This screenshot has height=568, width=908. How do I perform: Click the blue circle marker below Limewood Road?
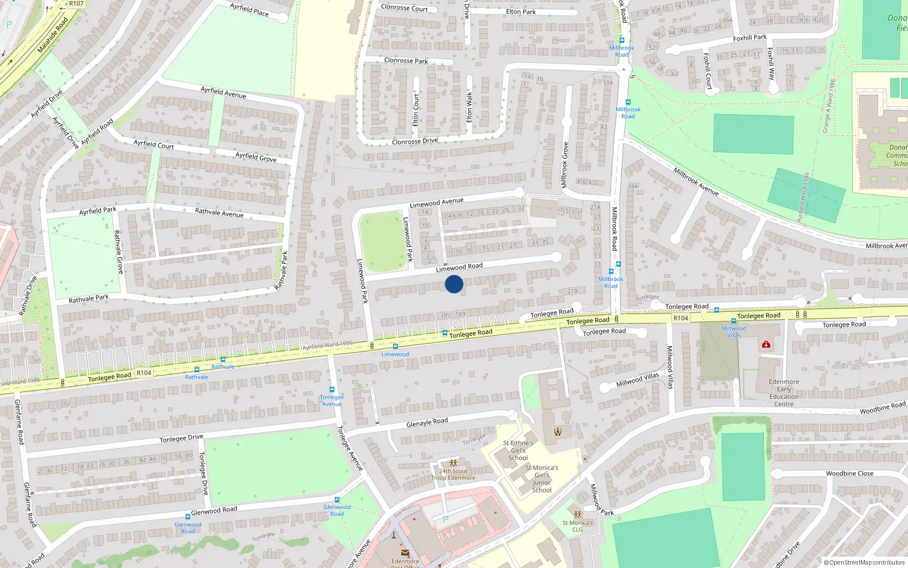pos(454,284)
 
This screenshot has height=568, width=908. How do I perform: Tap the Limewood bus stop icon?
pos(395,346)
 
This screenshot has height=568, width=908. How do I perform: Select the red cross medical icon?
pos(766,344)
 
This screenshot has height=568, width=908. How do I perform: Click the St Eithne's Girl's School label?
pos(518,450)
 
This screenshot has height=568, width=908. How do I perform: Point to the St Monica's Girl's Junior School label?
pos(541,479)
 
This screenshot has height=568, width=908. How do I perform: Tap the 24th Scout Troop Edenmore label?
pos(453,474)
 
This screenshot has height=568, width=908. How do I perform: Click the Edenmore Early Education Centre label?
pos(784,393)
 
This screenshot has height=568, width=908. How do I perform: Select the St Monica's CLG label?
pos(577,526)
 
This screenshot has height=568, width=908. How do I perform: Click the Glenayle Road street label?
pos(427,423)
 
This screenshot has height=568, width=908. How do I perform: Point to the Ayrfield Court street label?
pos(153,144)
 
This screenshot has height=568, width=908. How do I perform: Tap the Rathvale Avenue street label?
pos(219,213)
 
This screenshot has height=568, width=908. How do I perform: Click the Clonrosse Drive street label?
pos(415,141)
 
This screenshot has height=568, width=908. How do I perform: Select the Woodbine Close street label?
pos(850,473)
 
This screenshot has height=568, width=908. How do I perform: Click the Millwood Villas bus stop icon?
pos(733,321)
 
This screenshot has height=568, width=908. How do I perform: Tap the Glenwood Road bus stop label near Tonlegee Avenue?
pos(337,510)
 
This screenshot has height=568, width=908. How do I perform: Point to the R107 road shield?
pos(76,3)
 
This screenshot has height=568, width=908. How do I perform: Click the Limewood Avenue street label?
pos(436,202)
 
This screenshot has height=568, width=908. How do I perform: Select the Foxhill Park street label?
pos(750,37)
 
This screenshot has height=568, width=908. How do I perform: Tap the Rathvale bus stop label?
pos(196,377)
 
